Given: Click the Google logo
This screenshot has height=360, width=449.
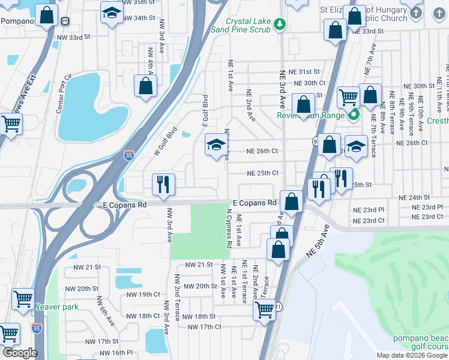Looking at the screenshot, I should coord(19,353).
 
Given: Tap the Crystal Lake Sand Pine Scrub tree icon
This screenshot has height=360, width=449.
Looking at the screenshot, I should coord(279,23).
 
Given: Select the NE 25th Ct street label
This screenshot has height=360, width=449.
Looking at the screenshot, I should coord(263,173).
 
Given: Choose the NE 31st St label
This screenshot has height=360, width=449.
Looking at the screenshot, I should coord(304,71).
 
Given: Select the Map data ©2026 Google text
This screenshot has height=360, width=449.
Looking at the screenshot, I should coord(412,355).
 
